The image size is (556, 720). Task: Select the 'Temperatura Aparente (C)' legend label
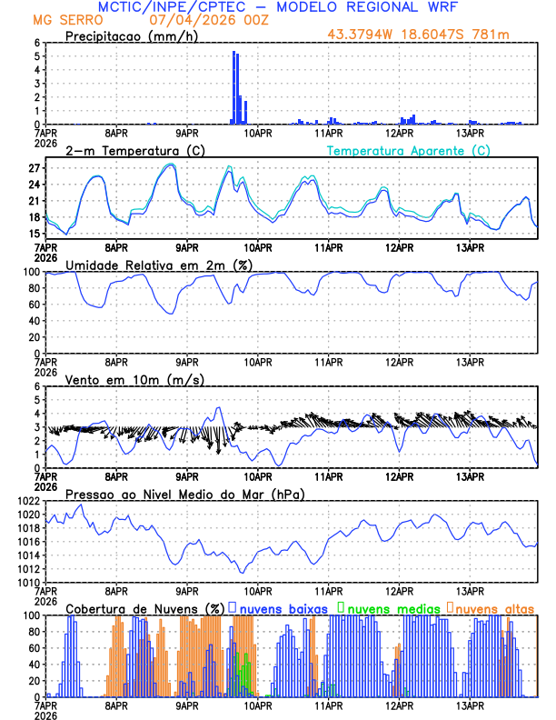tap(409, 150)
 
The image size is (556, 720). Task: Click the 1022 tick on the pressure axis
tap(27, 501)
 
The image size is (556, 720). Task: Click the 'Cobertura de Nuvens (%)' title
tap(145, 607)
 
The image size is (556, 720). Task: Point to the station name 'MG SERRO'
tap(62, 19)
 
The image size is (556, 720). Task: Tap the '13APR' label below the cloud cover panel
tap(470, 705)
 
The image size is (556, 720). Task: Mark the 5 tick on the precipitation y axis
tap(36, 55)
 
